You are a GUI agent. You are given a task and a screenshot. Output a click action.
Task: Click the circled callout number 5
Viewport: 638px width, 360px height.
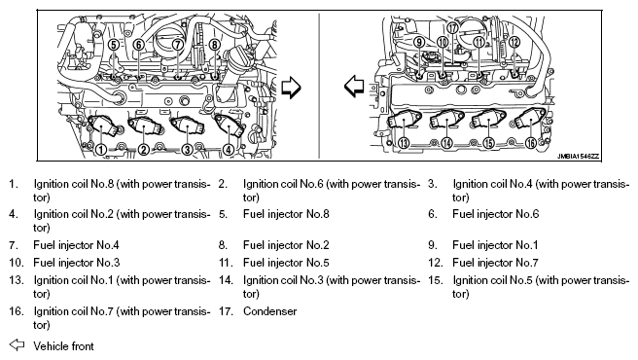pyautogui.click(x=114, y=45)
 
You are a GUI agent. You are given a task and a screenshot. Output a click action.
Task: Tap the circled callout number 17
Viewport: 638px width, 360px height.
pyautogui.click(x=453, y=27)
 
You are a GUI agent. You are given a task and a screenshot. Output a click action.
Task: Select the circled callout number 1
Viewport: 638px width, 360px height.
pyautogui.click(x=101, y=150)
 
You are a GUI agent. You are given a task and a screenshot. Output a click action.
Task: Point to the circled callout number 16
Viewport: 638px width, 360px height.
pyautogui.click(x=531, y=143)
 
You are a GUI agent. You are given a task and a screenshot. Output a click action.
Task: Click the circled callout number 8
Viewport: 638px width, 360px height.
pyautogui.click(x=214, y=45)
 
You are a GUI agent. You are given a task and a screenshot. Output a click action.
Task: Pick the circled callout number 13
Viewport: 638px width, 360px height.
pyautogui.click(x=404, y=143)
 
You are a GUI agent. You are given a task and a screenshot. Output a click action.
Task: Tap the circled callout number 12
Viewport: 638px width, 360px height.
pyautogui.click(x=514, y=42)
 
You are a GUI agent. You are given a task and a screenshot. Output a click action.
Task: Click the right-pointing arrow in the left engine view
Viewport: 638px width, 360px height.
pyautogui.click(x=291, y=88)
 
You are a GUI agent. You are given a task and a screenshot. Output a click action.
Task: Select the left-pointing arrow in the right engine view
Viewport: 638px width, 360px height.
pyautogui.click(x=354, y=87)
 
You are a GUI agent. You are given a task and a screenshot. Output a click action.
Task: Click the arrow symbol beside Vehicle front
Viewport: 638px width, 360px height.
pyautogui.click(x=17, y=345)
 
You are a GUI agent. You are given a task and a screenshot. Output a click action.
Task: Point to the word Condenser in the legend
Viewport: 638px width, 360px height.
pyautogui.click(x=269, y=311)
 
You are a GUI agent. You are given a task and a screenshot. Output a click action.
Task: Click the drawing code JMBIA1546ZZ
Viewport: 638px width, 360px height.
pyautogui.click(x=578, y=157)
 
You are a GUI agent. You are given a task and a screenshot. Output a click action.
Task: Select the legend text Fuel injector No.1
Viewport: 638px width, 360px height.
pyautogui.click(x=495, y=245)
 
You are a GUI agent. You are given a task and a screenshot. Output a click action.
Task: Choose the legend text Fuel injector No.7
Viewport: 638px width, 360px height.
pyautogui.click(x=495, y=263)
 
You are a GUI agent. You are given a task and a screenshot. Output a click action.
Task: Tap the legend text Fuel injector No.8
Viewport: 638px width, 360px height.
pyautogui.click(x=286, y=214)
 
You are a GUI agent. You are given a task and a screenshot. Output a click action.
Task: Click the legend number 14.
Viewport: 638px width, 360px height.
pyautogui.click(x=226, y=280)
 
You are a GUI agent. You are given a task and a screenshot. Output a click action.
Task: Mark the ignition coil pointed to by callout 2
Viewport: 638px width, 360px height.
pyautogui.click(x=146, y=126)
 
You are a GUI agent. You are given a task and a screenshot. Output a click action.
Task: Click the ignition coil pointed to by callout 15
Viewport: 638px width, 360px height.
pyautogui.click(x=488, y=119)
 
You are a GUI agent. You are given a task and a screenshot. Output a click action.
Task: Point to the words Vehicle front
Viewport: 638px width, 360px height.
pyautogui.click(x=63, y=346)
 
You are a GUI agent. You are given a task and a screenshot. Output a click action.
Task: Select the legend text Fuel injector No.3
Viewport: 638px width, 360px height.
pyautogui.click(x=77, y=263)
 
